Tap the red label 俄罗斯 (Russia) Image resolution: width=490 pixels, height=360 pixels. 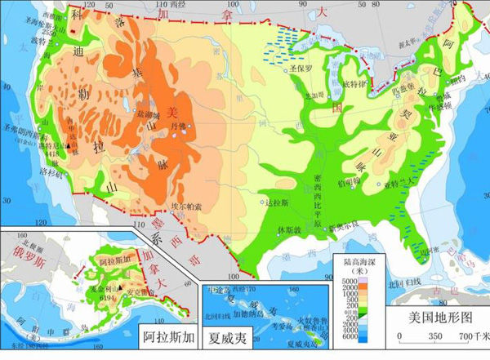[23, 251]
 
